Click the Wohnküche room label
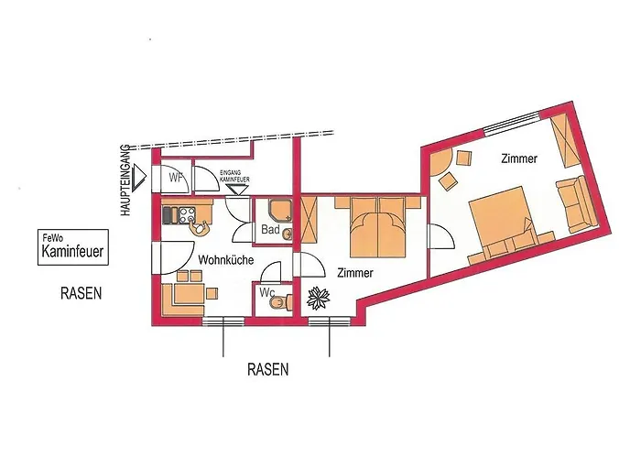225,260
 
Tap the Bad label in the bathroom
270,229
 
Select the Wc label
267,293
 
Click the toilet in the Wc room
281,302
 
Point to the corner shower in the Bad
280,209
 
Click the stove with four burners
187,213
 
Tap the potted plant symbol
318,298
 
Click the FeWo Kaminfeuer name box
73,247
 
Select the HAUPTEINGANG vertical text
126,180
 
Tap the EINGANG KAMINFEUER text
234,176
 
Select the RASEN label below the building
267,369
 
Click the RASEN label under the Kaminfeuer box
81,293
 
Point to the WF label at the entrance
176,179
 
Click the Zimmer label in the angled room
519,158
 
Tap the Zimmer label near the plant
355,273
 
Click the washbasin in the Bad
288,234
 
